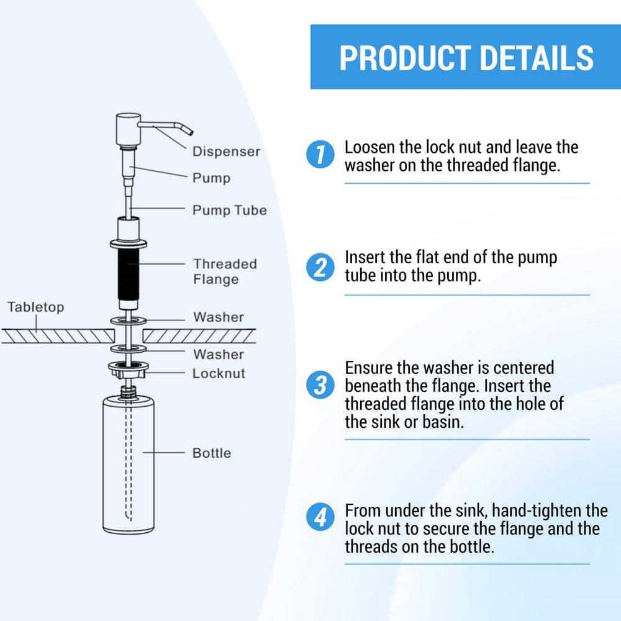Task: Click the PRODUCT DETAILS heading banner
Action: [x=466, y=57]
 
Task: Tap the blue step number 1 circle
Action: [x=320, y=155]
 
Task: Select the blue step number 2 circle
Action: [x=320, y=267]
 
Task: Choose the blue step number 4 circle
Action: [x=320, y=517]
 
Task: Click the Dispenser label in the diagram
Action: [x=226, y=152]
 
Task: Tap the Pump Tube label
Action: [x=229, y=210]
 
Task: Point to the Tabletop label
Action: [x=35, y=307]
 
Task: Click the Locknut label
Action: [x=219, y=373]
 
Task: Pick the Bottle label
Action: [x=211, y=453]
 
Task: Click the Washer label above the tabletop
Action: [x=219, y=317]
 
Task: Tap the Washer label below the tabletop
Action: [x=219, y=354]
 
